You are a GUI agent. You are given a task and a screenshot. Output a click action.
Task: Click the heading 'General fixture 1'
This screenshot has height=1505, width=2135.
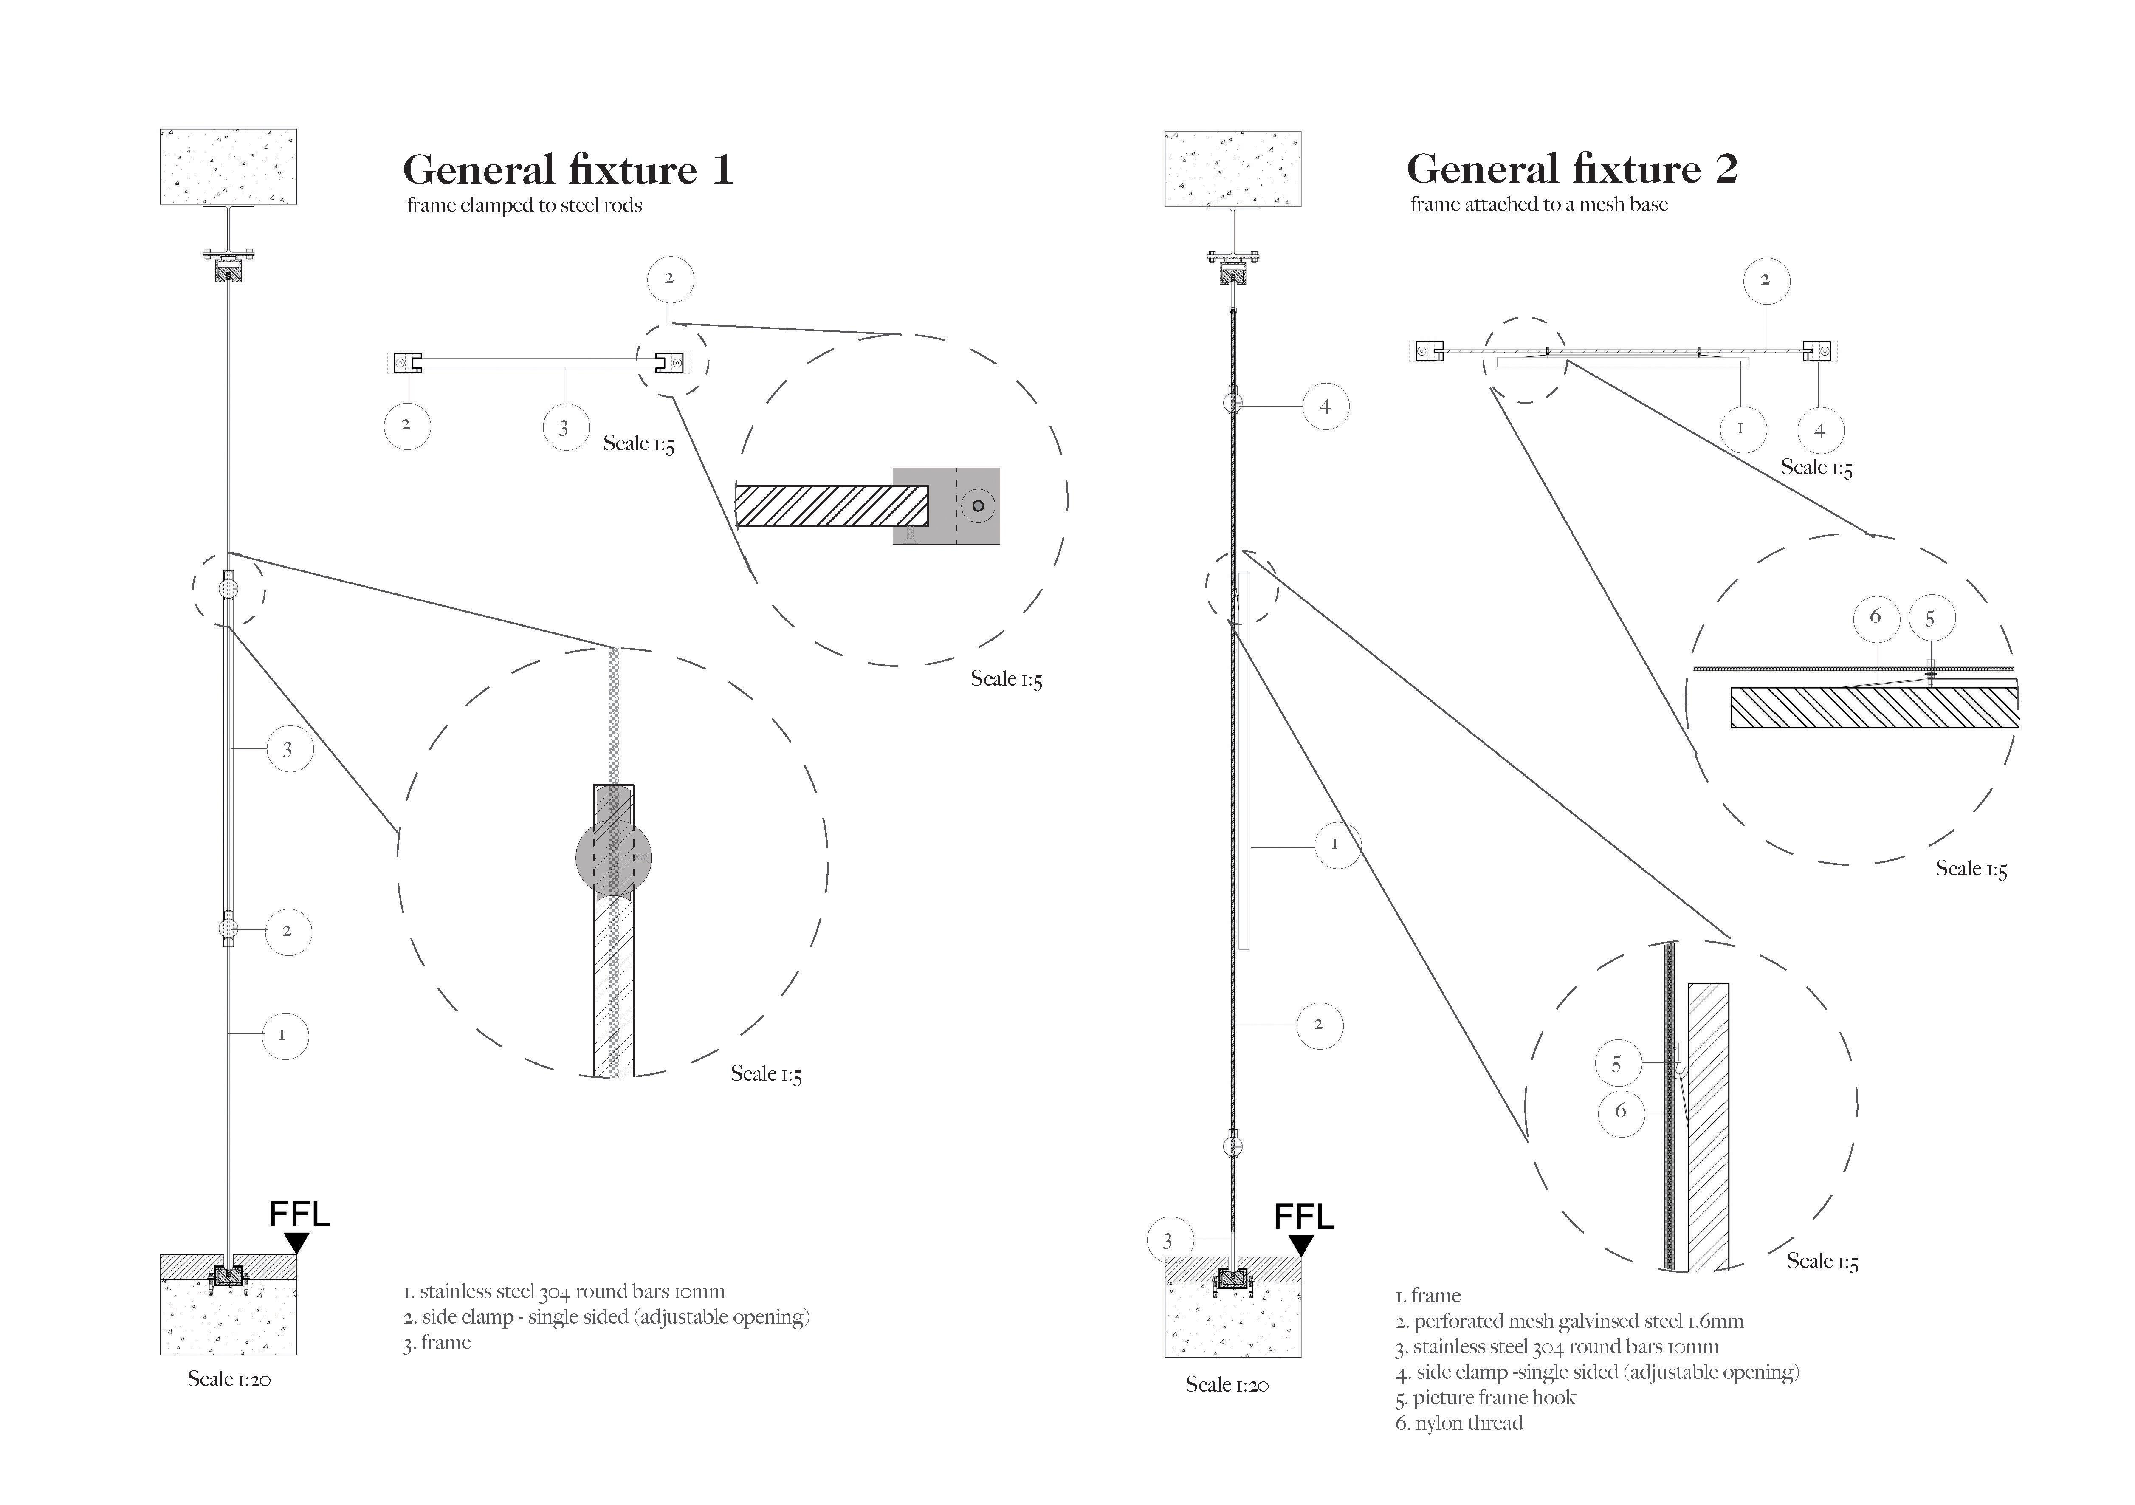point(567,170)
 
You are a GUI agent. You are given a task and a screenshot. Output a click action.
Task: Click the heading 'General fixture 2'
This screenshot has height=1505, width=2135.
point(1571,169)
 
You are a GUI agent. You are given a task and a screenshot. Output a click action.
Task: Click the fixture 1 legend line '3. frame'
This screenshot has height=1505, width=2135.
point(437,1342)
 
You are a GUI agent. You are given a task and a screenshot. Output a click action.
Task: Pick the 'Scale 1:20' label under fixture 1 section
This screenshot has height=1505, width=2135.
point(229,1379)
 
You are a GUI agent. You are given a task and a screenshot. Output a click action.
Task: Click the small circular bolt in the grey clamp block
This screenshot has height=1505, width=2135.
point(977,506)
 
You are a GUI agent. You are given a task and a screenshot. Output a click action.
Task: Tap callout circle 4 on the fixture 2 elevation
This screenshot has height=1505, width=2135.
point(1325,407)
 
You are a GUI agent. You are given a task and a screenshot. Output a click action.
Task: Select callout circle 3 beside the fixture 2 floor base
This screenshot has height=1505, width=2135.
point(1168,1241)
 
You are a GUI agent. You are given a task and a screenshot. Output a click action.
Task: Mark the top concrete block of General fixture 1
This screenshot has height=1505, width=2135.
point(229,167)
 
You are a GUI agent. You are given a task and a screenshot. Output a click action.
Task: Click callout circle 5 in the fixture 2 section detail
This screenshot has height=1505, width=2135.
point(1616,1064)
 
